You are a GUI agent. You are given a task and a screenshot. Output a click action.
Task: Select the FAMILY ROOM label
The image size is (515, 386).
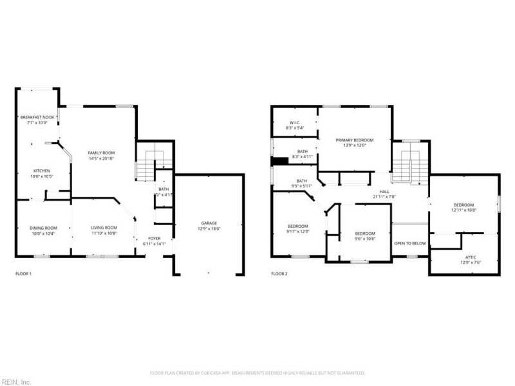coord(101,152)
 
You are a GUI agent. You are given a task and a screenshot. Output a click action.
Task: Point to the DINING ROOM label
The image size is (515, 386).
coord(43,227)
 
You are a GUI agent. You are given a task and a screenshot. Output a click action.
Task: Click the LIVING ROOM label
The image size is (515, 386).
coord(103,227)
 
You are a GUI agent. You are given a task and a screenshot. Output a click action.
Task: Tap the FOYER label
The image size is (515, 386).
coord(154,238)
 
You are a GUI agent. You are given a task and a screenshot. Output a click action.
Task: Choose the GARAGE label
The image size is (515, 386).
coord(209,223)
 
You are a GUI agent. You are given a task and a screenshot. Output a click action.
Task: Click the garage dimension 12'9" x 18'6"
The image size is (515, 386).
coord(209,228)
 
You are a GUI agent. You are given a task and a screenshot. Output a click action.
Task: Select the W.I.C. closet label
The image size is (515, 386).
coord(295,122)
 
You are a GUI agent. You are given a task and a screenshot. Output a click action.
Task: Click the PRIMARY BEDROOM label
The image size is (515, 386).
coord(355,140)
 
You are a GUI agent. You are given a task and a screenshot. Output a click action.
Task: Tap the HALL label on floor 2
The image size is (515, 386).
coord(384,191)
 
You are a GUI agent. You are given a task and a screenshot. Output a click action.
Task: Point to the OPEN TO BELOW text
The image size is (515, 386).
coord(410,243)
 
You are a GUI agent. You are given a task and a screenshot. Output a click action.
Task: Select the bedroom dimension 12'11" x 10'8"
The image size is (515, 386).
coord(464,210)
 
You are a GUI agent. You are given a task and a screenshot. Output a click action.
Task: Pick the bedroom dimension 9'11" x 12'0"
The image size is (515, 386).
coord(298,232)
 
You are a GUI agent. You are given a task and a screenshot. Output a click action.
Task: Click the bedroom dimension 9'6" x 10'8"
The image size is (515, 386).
coord(365,239)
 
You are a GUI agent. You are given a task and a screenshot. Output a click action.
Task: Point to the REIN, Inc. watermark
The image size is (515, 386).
coord(16,381)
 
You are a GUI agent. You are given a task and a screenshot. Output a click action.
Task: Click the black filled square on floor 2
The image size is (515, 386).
coord(279,162)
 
